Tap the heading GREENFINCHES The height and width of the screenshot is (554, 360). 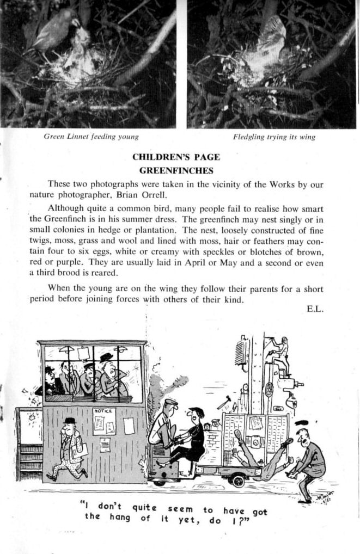click(176, 170)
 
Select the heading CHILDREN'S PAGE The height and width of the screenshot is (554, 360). click(176, 157)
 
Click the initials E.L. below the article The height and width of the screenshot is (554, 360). click(315, 309)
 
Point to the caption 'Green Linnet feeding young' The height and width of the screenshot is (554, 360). click(91, 137)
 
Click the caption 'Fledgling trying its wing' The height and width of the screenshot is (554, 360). click(274, 137)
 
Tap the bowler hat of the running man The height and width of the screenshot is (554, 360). click(69, 421)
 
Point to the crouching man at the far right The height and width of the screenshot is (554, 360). click(308, 460)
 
